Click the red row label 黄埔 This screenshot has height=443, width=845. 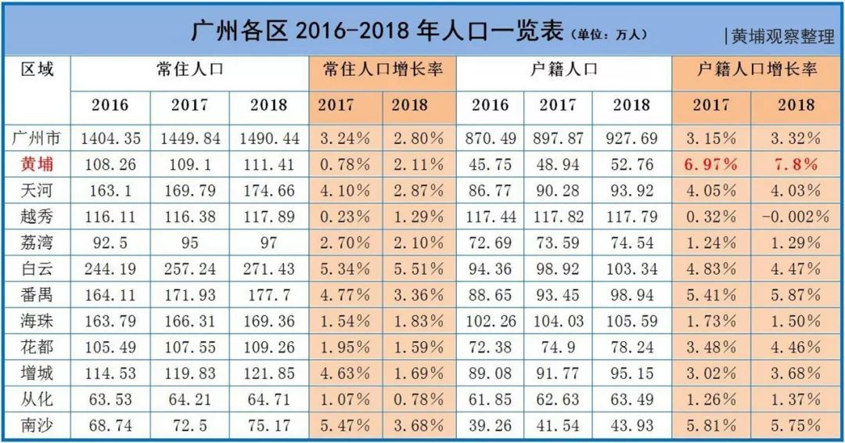37,164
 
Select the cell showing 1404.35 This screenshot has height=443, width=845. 110,139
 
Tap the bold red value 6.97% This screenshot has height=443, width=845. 711,164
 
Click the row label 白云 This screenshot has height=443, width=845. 37,268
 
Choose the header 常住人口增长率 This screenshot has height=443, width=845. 383,69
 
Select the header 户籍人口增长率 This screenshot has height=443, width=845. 757,69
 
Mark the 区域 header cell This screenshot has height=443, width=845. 37,69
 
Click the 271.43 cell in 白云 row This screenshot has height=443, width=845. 268,268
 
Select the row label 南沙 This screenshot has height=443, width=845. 37,426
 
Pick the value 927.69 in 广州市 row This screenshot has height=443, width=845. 631,139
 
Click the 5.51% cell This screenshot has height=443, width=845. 418,268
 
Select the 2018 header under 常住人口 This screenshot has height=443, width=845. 268,105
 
